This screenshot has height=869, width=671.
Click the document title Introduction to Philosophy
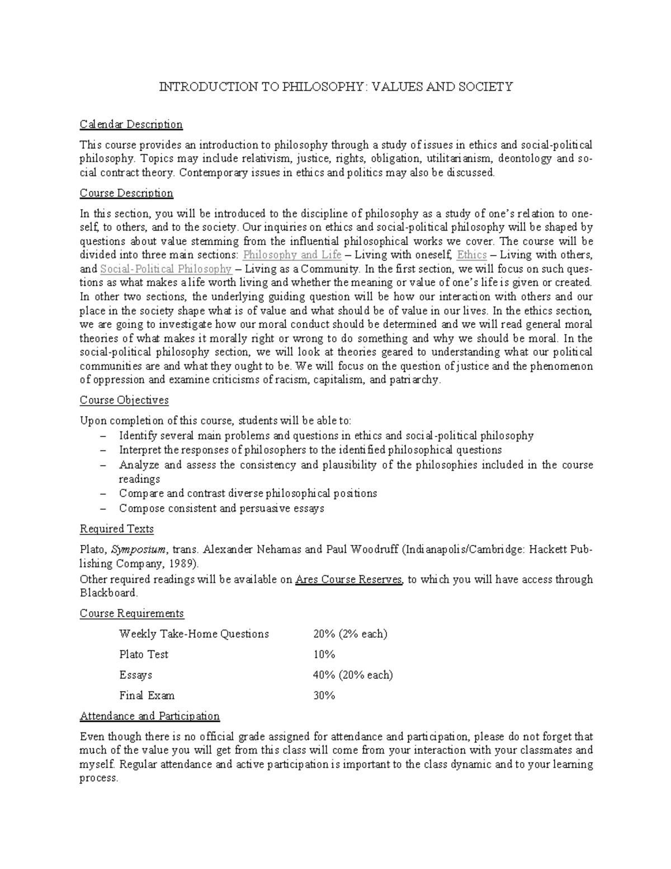[x=336, y=87]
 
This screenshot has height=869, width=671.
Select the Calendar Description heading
[x=131, y=124]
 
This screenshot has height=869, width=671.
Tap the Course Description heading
[x=126, y=193]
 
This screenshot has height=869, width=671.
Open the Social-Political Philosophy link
[x=166, y=269]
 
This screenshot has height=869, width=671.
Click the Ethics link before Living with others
[x=471, y=255]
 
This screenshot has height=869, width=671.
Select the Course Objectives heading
[x=124, y=401]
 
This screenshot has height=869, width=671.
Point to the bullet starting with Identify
[x=326, y=436]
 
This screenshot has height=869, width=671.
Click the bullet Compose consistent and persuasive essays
[x=221, y=509]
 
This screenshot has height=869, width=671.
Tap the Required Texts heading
[x=116, y=529]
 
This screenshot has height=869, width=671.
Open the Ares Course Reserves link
[x=349, y=580]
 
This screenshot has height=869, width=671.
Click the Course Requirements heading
[x=131, y=613]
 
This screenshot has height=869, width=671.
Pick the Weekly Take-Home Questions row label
[x=193, y=634]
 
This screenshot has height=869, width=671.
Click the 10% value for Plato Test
[x=324, y=655]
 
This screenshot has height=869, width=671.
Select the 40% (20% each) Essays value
[x=352, y=675]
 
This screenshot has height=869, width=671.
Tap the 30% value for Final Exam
[x=324, y=696]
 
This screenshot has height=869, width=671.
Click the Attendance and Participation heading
[x=149, y=716]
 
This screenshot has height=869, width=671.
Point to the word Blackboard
[x=108, y=593]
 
